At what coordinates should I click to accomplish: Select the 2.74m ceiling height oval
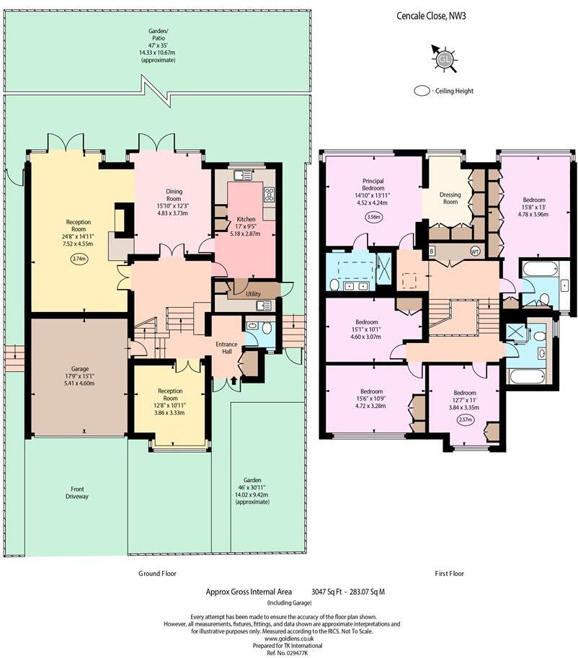[x=79, y=258]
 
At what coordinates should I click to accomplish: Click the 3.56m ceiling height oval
[x=374, y=217]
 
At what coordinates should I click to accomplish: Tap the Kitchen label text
[x=246, y=219]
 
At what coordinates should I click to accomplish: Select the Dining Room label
[x=174, y=195]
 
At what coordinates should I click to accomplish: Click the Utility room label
[x=253, y=294]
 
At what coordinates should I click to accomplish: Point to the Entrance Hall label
[x=227, y=348]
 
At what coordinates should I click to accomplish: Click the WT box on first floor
[x=475, y=252]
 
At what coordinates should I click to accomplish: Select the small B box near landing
[x=432, y=251]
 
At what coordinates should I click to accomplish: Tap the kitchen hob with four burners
[x=270, y=194]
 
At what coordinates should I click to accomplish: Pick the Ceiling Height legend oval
[x=422, y=92]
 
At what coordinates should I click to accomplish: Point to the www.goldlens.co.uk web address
[x=289, y=638]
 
